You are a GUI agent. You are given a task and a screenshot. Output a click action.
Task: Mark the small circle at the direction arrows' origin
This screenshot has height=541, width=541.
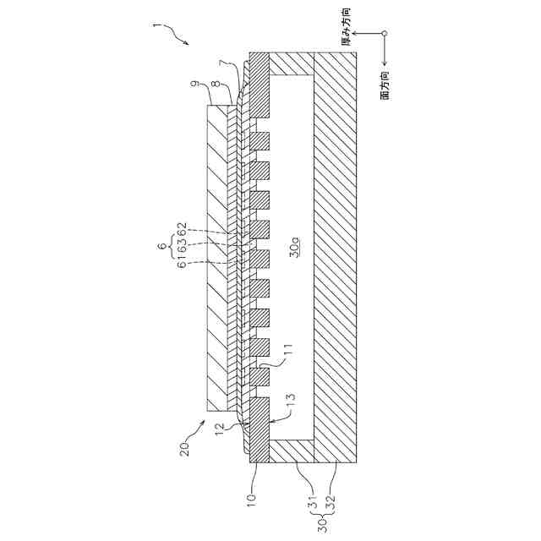click(385, 34)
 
